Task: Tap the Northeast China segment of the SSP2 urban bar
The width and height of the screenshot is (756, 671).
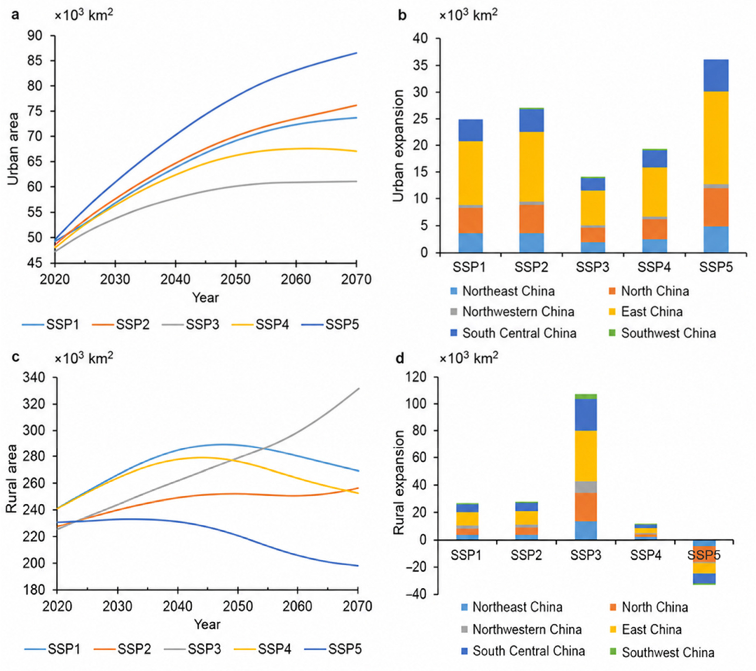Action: coord(531,243)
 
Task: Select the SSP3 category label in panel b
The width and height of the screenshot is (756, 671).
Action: coord(593,267)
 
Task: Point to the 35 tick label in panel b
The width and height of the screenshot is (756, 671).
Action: coord(422,66)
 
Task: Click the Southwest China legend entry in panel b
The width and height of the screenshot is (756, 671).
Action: coord(663,333)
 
